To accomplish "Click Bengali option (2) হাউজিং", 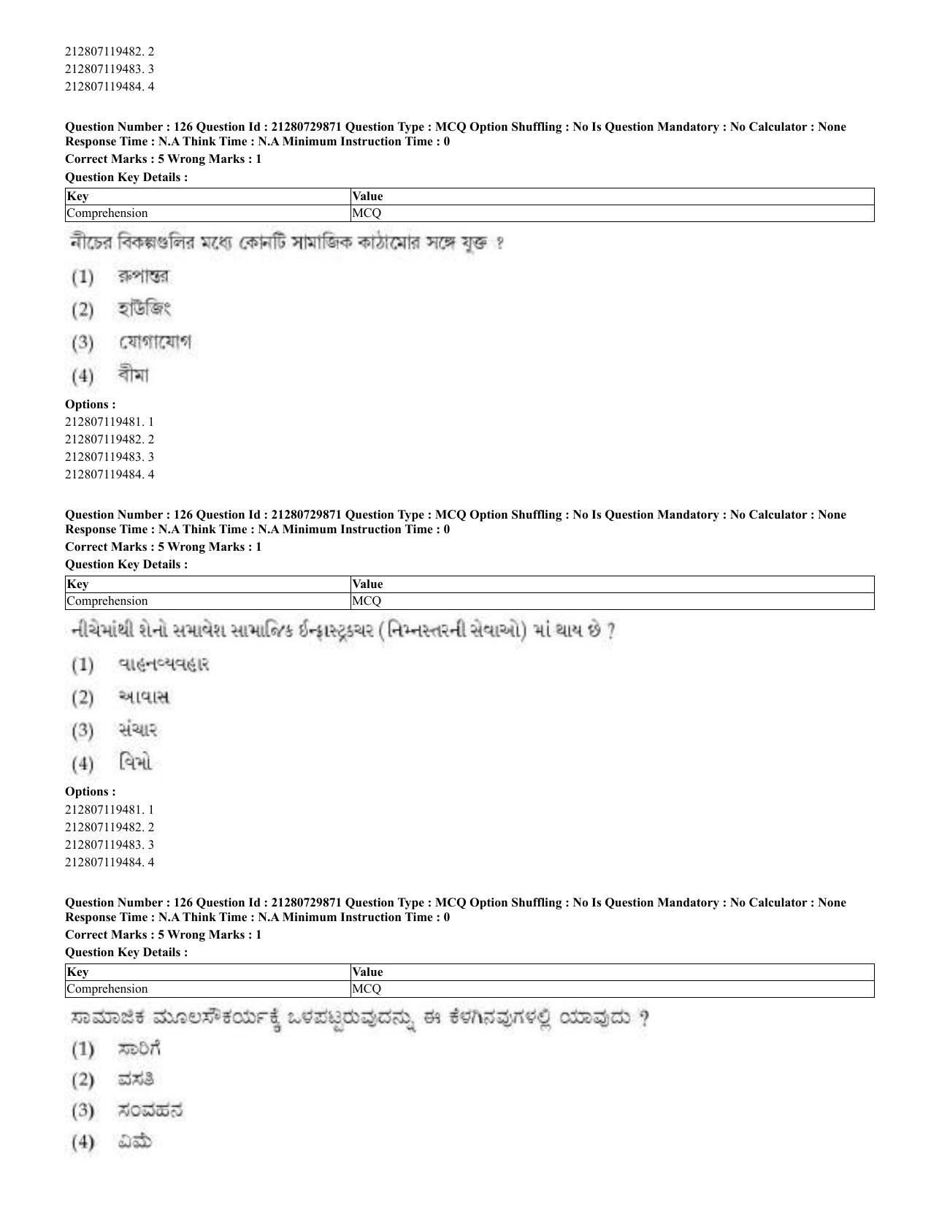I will [x=143, y=310].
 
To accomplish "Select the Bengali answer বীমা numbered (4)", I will [x=133, y=376].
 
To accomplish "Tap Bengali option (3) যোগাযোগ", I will [x=154, y=343].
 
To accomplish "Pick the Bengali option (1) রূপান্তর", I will [x=143, y=277].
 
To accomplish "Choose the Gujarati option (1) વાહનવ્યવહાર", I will [x=163, y=665].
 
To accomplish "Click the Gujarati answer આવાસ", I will [x=143, y=698].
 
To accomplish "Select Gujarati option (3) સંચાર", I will [x=137, y=730].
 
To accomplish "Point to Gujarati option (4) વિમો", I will [x=134, y=764].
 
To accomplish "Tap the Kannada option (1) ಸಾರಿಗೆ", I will [x=139, y=1050].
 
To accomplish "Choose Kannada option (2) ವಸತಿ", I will [x=136, y=1080].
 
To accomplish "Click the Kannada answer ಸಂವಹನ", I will [x=150, y=1111].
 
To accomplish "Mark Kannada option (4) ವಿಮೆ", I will [x=134, y=1142].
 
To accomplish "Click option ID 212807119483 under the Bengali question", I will [x=110, y=457].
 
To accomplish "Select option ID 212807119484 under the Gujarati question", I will [x=110, y=862].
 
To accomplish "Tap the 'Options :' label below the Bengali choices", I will [x=90, y=404].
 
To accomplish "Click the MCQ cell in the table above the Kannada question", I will [x=367, y=989].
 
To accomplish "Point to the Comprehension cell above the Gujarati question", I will [x=107, y=601].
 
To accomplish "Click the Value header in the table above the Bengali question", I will [x=367, y=196].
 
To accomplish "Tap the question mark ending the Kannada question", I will [x=643, y=1018].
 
